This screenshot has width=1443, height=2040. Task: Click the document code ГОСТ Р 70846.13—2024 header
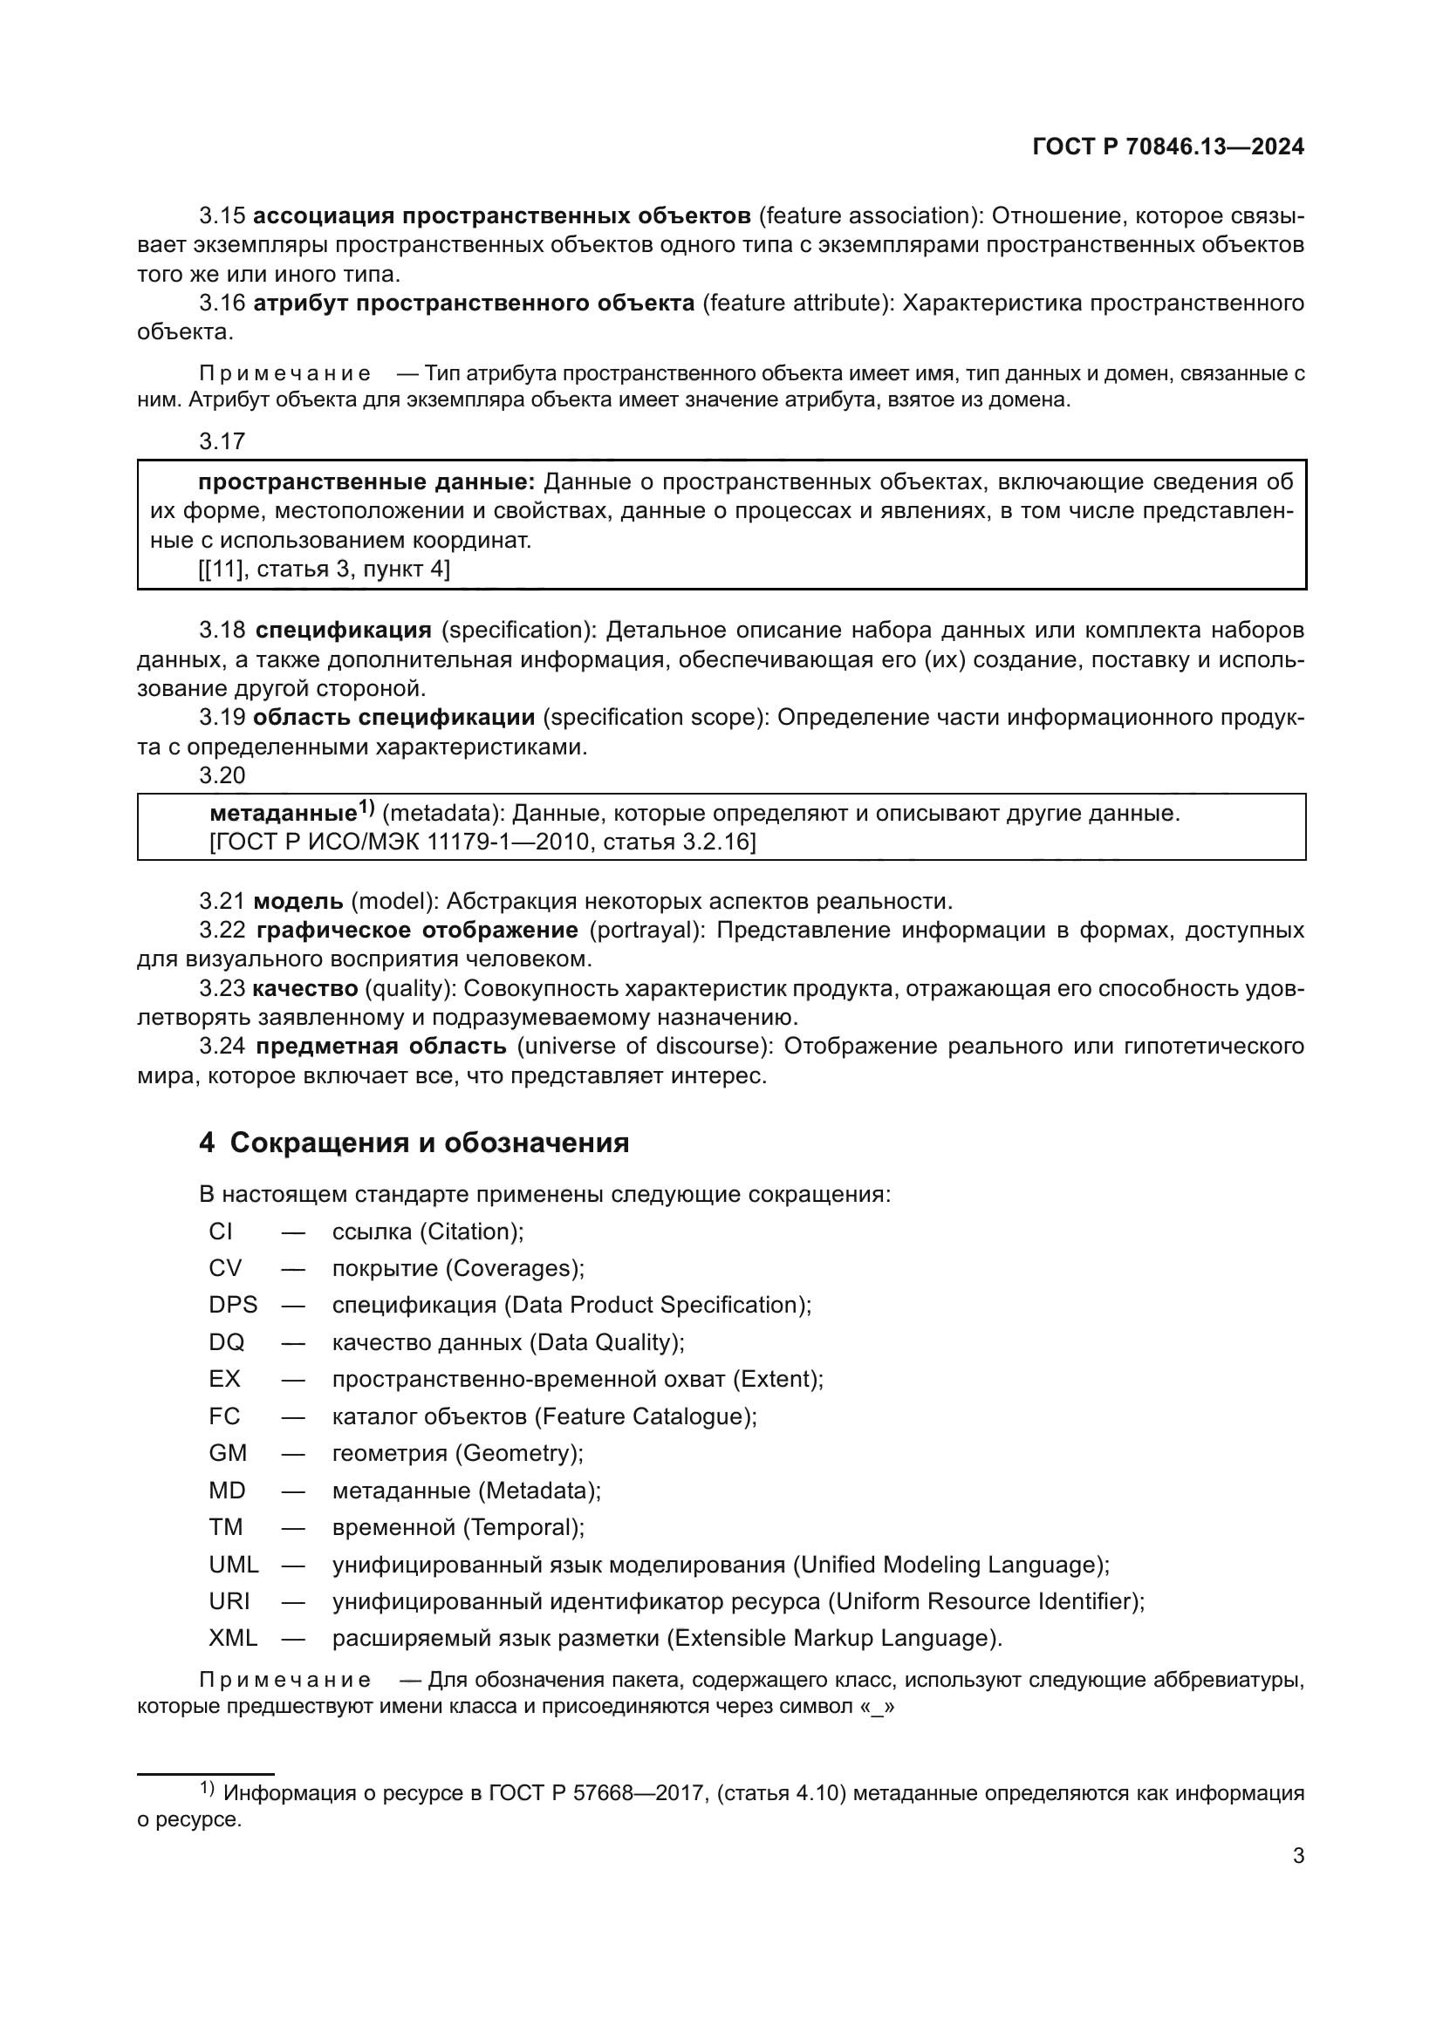(x=1167, y=147)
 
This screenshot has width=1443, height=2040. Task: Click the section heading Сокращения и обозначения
(x=428, y=1143)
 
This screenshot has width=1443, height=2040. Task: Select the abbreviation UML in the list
(x=234, y=1564)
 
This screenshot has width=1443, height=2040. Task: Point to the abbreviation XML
(x=233, y=1638)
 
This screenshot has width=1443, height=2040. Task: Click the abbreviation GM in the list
(x=228, y=1453)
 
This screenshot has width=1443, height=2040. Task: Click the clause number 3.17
(x=222, y=441)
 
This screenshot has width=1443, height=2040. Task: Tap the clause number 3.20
(x=222, y=775)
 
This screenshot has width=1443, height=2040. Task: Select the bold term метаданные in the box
(x=283, y=813)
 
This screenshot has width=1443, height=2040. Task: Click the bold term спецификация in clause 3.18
(x=343, y=631)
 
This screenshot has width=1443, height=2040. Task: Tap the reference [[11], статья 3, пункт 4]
(x=324, y=570)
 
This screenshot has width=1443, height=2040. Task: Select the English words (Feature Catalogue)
(x=645, y=1416)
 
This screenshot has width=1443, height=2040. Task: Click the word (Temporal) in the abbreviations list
(x=523, y=1526)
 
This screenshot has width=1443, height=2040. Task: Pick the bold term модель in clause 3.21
(x=298, y=902)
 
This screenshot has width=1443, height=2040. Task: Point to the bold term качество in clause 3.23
(x=304, y=988)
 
